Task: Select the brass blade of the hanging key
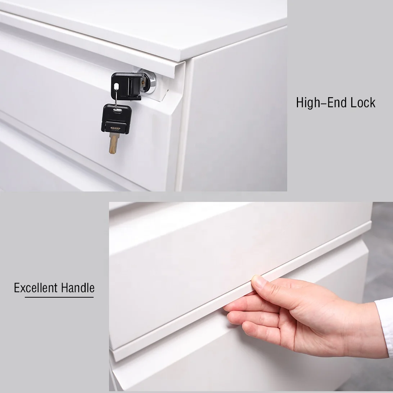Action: (113, 143)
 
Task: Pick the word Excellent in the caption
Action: (36, 288)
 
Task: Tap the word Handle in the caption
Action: (78, 288)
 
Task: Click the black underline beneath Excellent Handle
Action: (59, 297)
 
